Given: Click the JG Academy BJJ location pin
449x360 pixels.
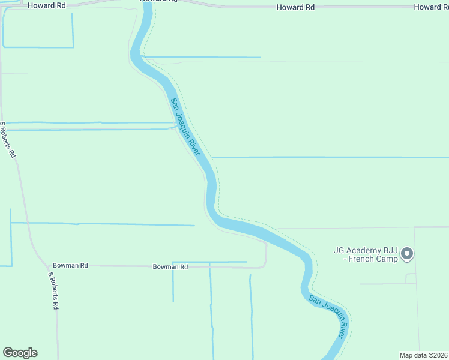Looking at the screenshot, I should [407, 254].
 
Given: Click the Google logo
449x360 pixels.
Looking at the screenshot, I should [20, 353].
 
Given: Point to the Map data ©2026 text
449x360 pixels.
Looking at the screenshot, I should [424, 355].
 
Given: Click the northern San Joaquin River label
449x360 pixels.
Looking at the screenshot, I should [184, 127].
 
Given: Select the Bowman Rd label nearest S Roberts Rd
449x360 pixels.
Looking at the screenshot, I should [70, 265].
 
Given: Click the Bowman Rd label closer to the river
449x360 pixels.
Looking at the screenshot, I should [170, 266].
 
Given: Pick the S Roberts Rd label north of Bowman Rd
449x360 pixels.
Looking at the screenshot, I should [8, 139].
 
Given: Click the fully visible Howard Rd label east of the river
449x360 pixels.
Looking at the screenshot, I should [295, 7].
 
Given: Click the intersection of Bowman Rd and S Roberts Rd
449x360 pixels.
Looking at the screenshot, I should [47, 265].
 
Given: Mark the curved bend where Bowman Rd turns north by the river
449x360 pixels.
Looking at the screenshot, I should [265, 263].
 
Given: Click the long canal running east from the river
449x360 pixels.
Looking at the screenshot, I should [330, 157].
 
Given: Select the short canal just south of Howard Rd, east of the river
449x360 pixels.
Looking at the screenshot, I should [201, 58].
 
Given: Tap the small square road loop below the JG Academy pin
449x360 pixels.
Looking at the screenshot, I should [411, 278].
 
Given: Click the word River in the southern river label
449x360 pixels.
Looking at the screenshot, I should [340, 328].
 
